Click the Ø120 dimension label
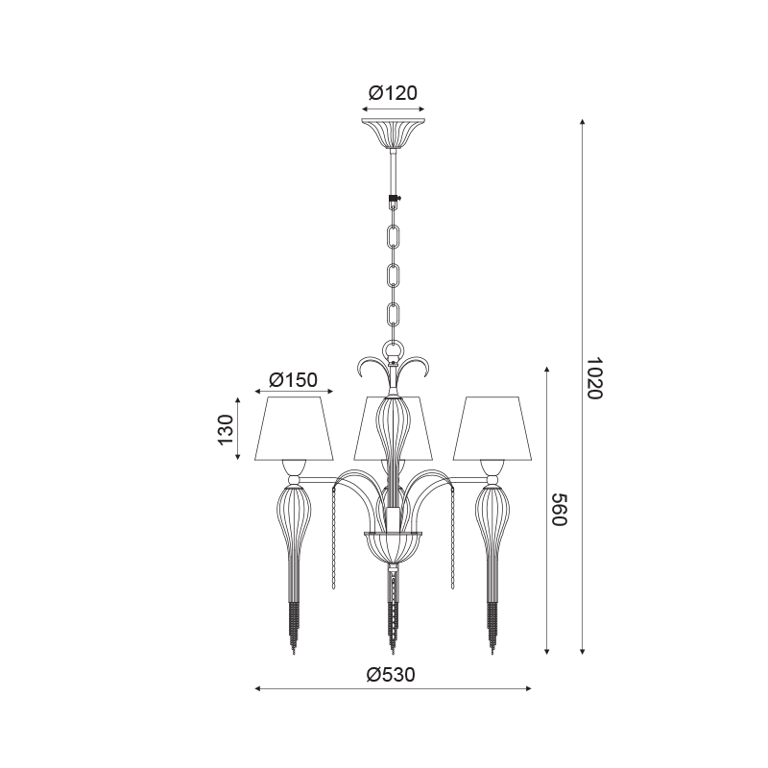(x=393, y=92)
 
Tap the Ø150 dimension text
(x=294, y=379)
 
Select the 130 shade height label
(x=226, y=429)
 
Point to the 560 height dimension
(x=559, y=510)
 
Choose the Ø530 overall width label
(x=391, y=675)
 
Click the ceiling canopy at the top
(x=393, y=132)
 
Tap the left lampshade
(x=294, y=429)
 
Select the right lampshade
(x=492, y=429)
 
